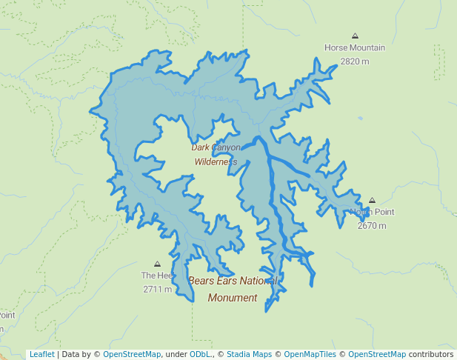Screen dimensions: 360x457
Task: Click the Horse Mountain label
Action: click(x=355, y=47)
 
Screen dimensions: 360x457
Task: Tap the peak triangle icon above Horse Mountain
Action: click(x=356, y=36)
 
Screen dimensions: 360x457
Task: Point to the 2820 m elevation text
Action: click(x=355, y=61)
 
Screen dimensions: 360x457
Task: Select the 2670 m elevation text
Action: click(x=372, y=225)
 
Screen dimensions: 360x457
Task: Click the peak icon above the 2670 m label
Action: click(x=372, y=200)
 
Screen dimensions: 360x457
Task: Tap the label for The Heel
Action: click(x=157, y=276)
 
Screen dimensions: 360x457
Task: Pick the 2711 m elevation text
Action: click(x=157, y=289)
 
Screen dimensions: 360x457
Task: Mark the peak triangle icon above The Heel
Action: click(x=157, y=264)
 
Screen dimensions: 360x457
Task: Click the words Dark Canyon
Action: click(x=216, y=147)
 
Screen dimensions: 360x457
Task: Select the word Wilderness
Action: click(x=216, y=161)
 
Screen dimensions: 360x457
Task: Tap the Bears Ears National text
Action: click(x=233, y=281)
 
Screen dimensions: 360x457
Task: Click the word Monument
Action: click(x=233, y=298)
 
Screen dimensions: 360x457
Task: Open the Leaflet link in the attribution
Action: click(x=41, y=354)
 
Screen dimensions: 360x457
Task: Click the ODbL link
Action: click(x=202, y=354)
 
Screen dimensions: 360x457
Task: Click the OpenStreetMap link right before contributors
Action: click(x=376, y=354)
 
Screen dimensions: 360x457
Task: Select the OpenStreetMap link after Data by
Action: click(x=131, y=354)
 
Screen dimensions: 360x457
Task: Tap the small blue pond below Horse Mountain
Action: click(x=361, y=119)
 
